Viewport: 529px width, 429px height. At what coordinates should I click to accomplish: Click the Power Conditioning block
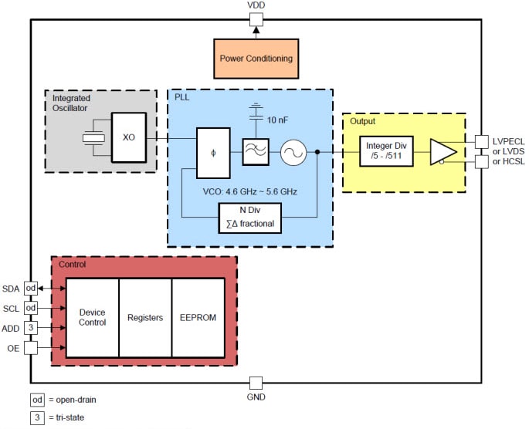pos(256,59)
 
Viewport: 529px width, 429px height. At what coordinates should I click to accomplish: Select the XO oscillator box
pos(127,137)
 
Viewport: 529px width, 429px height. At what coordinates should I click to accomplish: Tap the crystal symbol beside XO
pos(93,138)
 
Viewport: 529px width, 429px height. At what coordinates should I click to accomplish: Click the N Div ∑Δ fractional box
pos(250,218)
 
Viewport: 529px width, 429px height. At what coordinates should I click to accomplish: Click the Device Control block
pos(92,317)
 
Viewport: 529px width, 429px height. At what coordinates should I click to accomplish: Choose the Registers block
pos(145,317)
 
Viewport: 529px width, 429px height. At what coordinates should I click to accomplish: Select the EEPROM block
pos(198,317)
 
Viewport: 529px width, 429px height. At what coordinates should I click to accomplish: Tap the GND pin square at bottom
pos(256,383)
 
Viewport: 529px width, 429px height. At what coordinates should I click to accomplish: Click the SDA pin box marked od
pos(31,288)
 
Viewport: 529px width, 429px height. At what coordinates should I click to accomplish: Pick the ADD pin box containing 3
pos(31,328)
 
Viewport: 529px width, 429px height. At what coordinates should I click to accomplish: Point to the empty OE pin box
pos(31,348)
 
